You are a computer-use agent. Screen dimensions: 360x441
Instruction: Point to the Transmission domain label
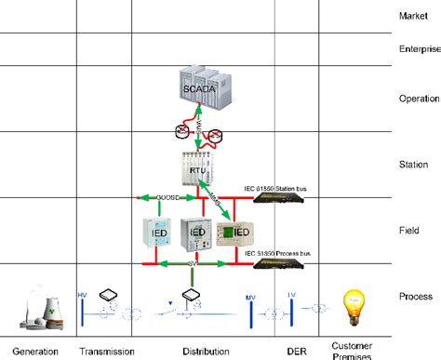pyautogui.click(x=107, y=351)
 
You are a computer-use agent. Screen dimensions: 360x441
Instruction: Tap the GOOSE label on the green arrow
pyautogui.click(x=170, y=197)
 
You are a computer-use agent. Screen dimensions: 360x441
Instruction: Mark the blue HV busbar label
pyautogui.click(x=81, y=290)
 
